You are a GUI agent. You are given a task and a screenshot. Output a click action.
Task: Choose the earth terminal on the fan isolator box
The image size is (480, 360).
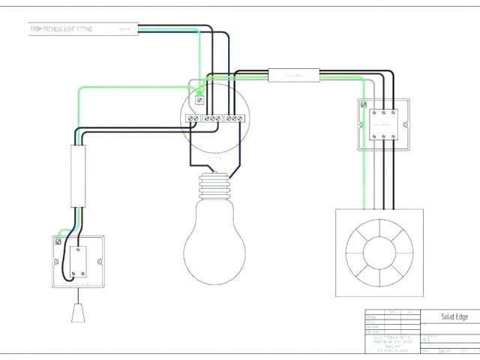(x=364, y=106)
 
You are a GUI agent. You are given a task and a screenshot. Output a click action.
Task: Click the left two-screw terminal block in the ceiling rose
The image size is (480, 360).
(x=193, y=118)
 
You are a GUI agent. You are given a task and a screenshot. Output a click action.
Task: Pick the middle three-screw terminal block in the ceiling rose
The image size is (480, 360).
(x=213, y=118)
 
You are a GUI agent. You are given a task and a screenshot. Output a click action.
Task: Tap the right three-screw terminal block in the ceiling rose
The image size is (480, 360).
(x=235, y=118)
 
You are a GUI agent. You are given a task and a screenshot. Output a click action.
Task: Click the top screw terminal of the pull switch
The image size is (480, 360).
(x=79, y=244)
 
